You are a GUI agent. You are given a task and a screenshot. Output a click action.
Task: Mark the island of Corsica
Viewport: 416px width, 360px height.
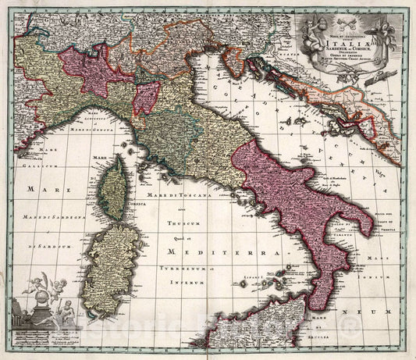pyautogui.click(x=114, y=187)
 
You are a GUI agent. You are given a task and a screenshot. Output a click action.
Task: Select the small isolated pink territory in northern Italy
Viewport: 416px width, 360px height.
pyautogui.click(x=146, y=97)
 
